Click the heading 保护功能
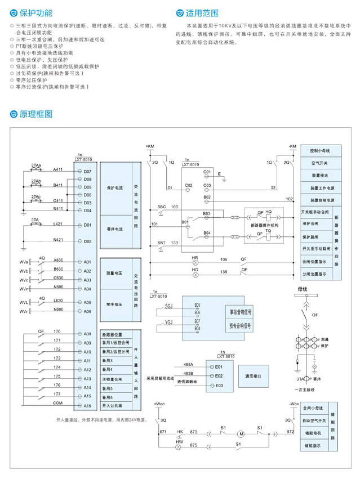(x=36, y=12)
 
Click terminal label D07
(x=87, y=171)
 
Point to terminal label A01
(x=87, y=262)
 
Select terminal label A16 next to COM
(x=87, y=404)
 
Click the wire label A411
(x=58, y=169)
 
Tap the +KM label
(x=149, y=146)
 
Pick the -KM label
(x=292, y=146)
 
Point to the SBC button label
(x=162, y=207)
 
